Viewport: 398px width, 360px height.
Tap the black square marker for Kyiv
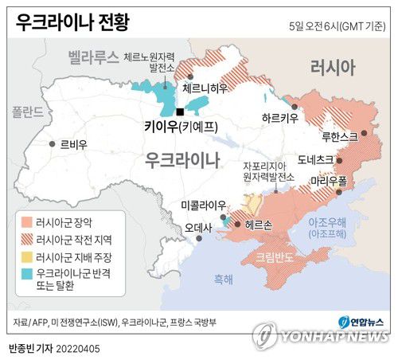tap(181, 112)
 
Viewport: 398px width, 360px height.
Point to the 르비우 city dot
tap(53, 144)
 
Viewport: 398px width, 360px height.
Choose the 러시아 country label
tap(333, 68)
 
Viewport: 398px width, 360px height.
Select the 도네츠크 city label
tap(315, 158)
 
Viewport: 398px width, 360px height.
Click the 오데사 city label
tap(198, 227)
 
